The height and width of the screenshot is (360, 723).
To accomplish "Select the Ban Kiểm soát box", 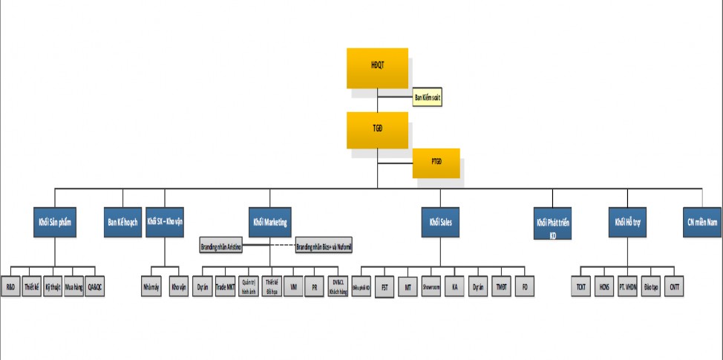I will click(428, 97).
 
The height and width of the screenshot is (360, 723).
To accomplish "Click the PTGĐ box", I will click(436, 163).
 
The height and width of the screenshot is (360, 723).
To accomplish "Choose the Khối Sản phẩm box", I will click(53, 221).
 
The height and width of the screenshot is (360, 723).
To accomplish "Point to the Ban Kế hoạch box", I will click(122, 221).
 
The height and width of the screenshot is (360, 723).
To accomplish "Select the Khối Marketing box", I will click(269, 221).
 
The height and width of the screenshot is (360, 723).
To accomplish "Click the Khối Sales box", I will click(440, 221).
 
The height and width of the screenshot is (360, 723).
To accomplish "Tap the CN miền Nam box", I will click(701, 221).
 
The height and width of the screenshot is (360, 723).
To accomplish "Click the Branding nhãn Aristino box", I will click(223, 245).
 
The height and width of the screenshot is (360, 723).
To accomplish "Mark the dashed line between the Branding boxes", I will click(270, 245).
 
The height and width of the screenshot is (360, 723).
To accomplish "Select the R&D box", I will click(11, 286).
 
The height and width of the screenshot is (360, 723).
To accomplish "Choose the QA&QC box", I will click(94, 286).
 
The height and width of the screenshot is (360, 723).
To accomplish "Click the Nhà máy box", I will click(151, 286).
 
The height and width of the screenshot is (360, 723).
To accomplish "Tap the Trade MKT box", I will click(225, 286).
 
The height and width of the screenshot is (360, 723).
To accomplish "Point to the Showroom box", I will click(431, 286).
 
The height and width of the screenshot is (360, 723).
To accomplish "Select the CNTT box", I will click(674, 286).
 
